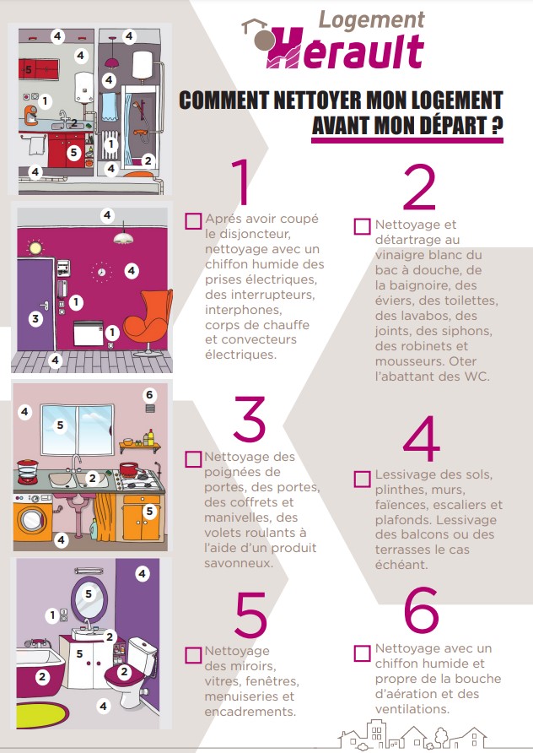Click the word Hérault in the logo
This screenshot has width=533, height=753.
(344, 50)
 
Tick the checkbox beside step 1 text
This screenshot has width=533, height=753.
(193, 221)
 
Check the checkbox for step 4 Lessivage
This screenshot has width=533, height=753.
(362, 479)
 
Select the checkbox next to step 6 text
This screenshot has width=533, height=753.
(362, 653)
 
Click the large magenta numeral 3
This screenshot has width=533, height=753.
(250, 419)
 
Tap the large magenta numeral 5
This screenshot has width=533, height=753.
(250, 614)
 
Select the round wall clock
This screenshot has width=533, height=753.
(102, 273)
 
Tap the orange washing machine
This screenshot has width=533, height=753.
(33, 517)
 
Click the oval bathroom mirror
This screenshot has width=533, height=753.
(89, 598)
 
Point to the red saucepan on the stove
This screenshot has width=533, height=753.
(129, 469)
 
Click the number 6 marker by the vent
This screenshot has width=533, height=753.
(149, 395)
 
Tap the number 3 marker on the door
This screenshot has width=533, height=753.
(35, 318)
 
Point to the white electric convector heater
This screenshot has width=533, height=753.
(89, 333)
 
